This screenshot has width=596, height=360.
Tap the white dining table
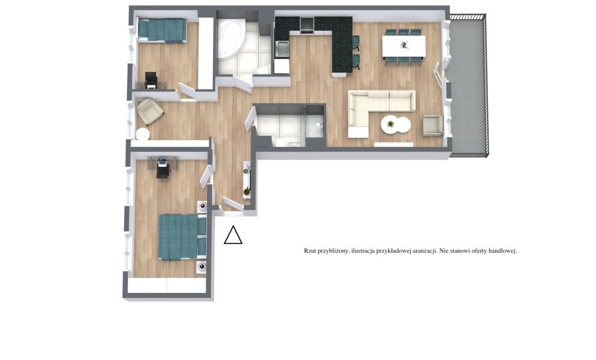[404, 46]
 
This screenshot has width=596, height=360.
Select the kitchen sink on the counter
[282, 49]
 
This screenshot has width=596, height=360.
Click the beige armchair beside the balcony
[433, 126]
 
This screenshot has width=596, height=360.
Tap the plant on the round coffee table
[390, 124]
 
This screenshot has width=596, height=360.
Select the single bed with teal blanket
[162, 30]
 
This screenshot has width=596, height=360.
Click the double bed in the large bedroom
[182, 236]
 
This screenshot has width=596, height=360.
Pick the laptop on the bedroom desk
[162, 161]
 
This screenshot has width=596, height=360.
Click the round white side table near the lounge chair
[143, 134]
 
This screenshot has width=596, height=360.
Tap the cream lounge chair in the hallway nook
[150, 112]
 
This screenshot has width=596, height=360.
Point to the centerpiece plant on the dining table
[404, 45]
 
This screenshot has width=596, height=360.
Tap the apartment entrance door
[233, 204]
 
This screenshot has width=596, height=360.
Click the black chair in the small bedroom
[151, 80]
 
